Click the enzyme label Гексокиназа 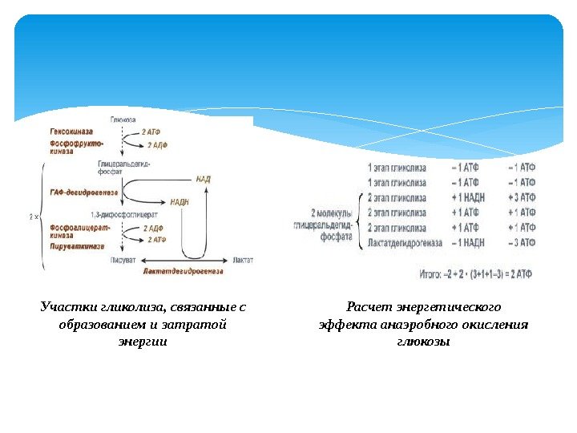pos(72,130)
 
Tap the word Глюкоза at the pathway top pos(123,119)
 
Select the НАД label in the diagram pos(203,179)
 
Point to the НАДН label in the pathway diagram pos(180,202)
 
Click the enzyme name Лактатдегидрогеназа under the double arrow pos(184,272)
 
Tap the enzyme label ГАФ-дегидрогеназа pos(83,192)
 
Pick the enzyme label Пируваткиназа pos(76,248)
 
